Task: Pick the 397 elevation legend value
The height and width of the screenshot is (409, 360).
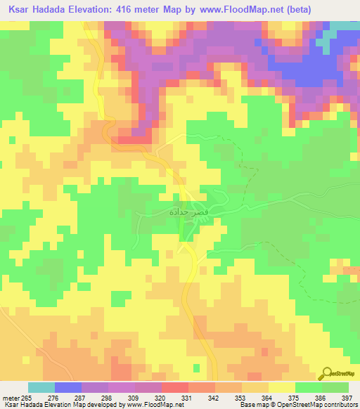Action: (x=346, y=398)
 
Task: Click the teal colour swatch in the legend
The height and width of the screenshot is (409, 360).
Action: (x=41, y=387)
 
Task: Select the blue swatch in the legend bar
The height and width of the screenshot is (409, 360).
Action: (x=68, y=387)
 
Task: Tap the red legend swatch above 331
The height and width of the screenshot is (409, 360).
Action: (x=175, y=387)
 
